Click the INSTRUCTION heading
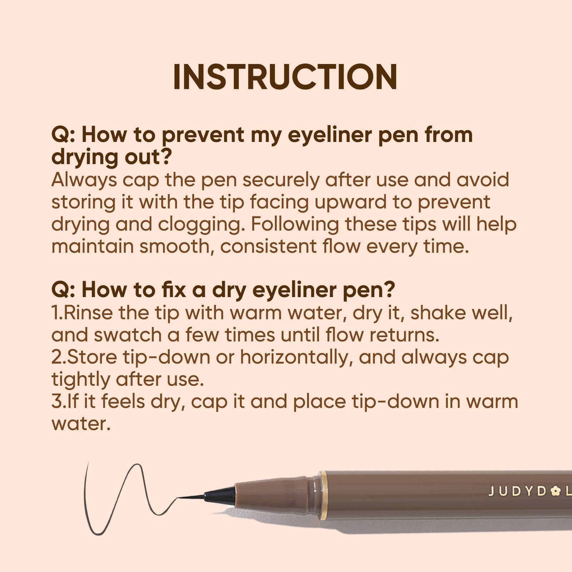pos(285,77)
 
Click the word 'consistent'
pos(268,247)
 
